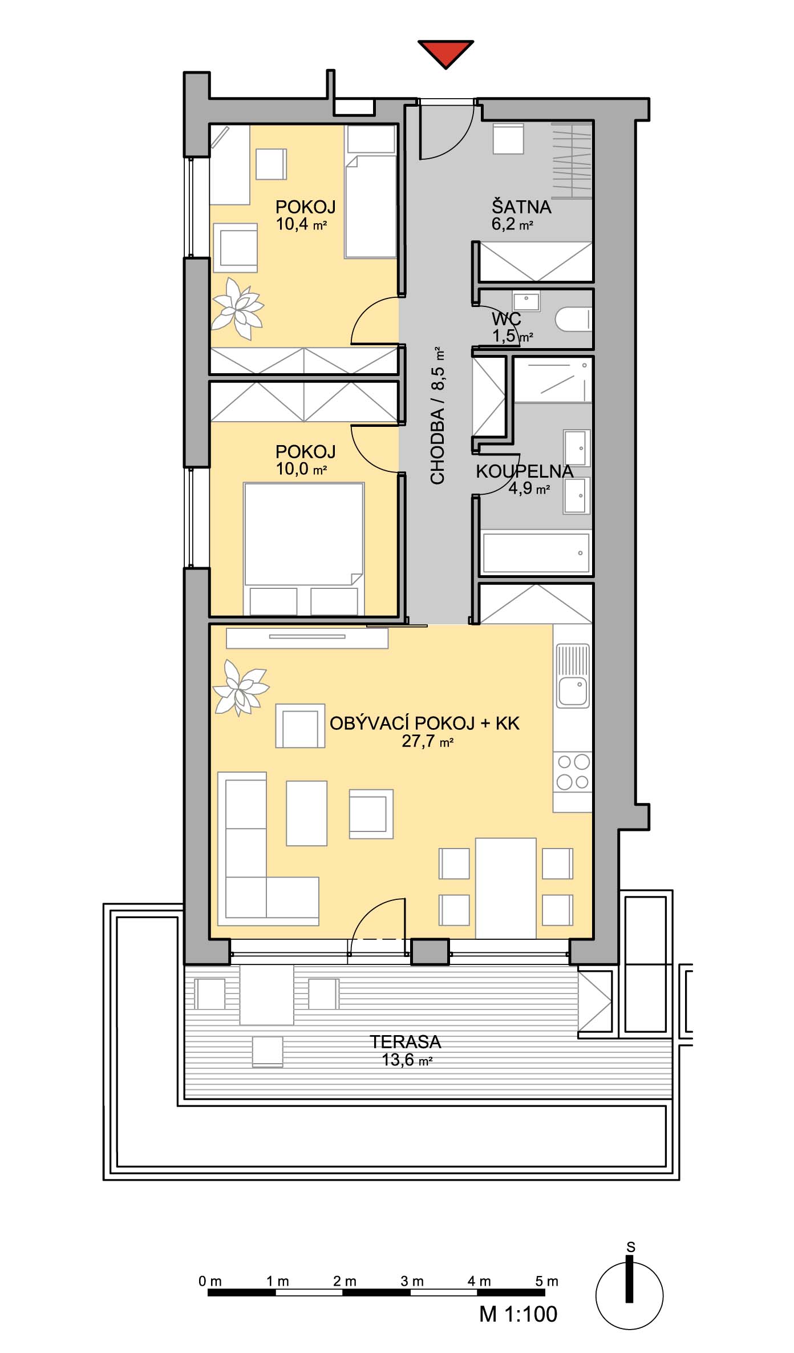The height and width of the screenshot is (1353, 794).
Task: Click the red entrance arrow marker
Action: coord(445,53)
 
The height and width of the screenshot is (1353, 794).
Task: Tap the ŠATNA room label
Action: coord(521,207)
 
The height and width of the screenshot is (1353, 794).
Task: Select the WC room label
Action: coord(507,319)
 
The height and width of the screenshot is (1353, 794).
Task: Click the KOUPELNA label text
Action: coord(524,471)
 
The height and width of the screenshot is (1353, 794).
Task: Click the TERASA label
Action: coord(406,1042)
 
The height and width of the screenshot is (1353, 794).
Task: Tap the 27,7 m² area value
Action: coord(427,741)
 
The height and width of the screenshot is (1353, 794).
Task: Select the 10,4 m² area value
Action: coord(301,224)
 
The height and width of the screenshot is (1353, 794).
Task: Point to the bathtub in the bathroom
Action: coord(536,552)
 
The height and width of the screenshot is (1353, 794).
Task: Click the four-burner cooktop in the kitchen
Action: coord(573,772)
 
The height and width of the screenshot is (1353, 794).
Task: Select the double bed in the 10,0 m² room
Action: coord(303,549)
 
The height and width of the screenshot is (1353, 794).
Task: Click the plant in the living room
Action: coord(239,687)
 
